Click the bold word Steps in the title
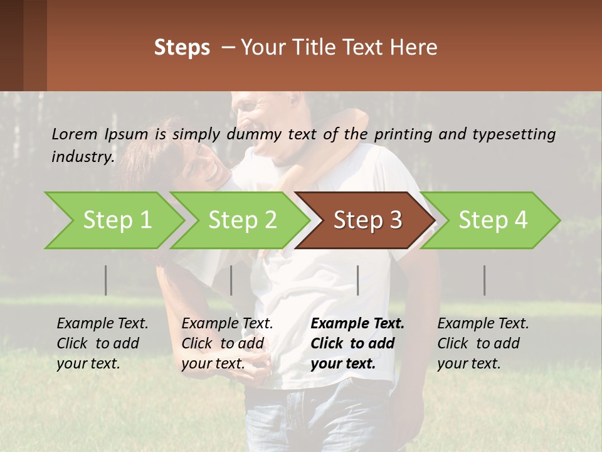click(x=182, y=48)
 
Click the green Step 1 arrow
click(x=117, y=220)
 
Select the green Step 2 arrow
click(x=242, y=220)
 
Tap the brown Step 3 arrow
click(x=367, y=220)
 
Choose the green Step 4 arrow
click(x=493, y=220)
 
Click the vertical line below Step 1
click(x=105, y=280)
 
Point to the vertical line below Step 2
click(x=231, y=280)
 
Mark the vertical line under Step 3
click(x=357, y=280)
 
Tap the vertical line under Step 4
click(x=484, y=280)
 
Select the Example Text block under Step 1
click(x=102, y=343)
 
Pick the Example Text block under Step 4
click(x=483, y=343)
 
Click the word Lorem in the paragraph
click(x=75, y=134)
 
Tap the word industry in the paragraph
click(x=82, y=157)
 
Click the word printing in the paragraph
click(x=401, y=134)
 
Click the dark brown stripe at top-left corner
click(x=11, y=44)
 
